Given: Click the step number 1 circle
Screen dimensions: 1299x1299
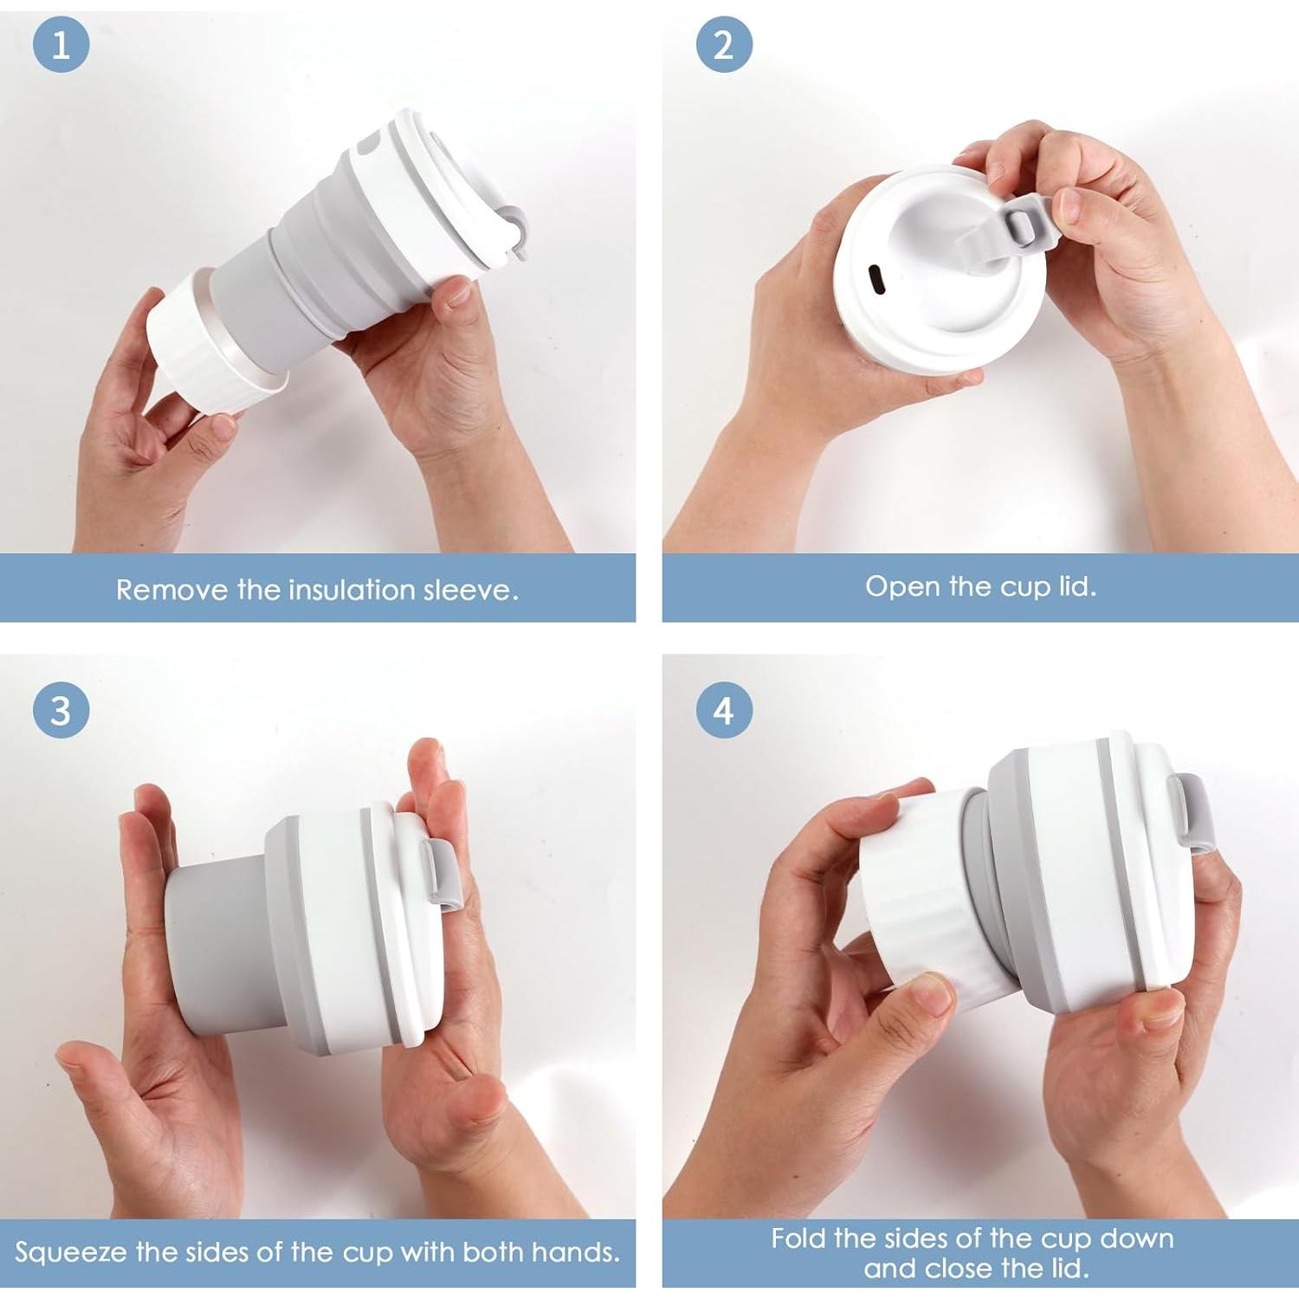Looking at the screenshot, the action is click(x=61, y=44).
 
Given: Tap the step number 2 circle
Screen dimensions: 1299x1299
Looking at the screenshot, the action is click(x=724, y=44).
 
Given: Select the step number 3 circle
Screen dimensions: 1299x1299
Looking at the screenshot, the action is click(x=61, y=710).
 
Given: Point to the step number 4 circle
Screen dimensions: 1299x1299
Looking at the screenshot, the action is click(x=724, y=710).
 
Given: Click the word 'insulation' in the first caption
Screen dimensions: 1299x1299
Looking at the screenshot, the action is click(x=352, y=590).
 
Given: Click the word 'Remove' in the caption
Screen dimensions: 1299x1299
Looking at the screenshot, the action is click(x=172, y=590).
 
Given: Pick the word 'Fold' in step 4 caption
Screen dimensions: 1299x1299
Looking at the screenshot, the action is click(x=798, y=1238).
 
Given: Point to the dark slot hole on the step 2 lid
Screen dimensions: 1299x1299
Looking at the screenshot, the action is click(x=875, y=279).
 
